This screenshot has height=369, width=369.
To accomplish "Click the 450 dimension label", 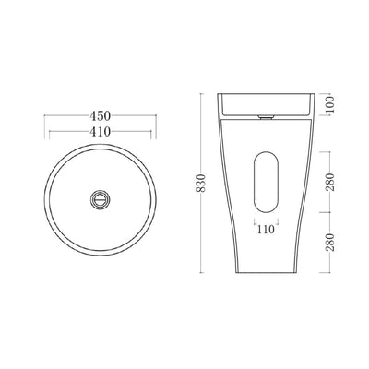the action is [100, 116].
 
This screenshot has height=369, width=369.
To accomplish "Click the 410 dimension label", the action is [100, 132].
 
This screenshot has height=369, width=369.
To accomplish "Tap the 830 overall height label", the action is [201, 184].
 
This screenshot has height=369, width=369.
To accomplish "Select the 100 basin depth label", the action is [329, 104].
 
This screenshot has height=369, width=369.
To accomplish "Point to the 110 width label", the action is [266, 229].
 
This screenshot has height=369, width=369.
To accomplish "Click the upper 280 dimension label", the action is [330, 182].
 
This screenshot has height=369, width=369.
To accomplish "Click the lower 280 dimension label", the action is [330, 243].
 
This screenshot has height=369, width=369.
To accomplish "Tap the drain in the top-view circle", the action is [100, 199].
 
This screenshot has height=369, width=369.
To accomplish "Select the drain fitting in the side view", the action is [266, 117].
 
